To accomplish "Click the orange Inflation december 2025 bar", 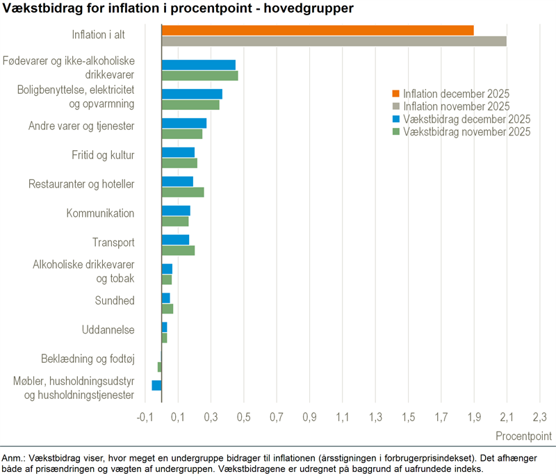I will click(317, 30).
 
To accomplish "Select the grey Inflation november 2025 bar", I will click(334, 41).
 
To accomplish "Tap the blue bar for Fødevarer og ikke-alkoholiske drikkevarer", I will click(198, 65).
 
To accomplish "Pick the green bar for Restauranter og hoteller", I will click(182, 192).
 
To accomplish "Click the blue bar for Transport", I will click(175, 240).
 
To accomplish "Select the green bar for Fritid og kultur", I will click(179, 163).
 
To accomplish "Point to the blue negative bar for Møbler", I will click(156, 385).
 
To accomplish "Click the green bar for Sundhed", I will click(167, 309).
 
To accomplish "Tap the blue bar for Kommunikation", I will click(175, 211).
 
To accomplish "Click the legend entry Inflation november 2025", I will click(457, 106).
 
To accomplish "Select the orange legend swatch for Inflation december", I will click(396, 94).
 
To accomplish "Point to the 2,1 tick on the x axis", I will click(507, 417).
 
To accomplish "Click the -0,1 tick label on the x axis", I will click(144, 417).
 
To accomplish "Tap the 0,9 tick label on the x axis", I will click(309, 417).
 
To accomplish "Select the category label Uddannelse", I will click(108, 329).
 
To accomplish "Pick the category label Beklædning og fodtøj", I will click(88, 359).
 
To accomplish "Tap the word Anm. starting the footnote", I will click(13, 458).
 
